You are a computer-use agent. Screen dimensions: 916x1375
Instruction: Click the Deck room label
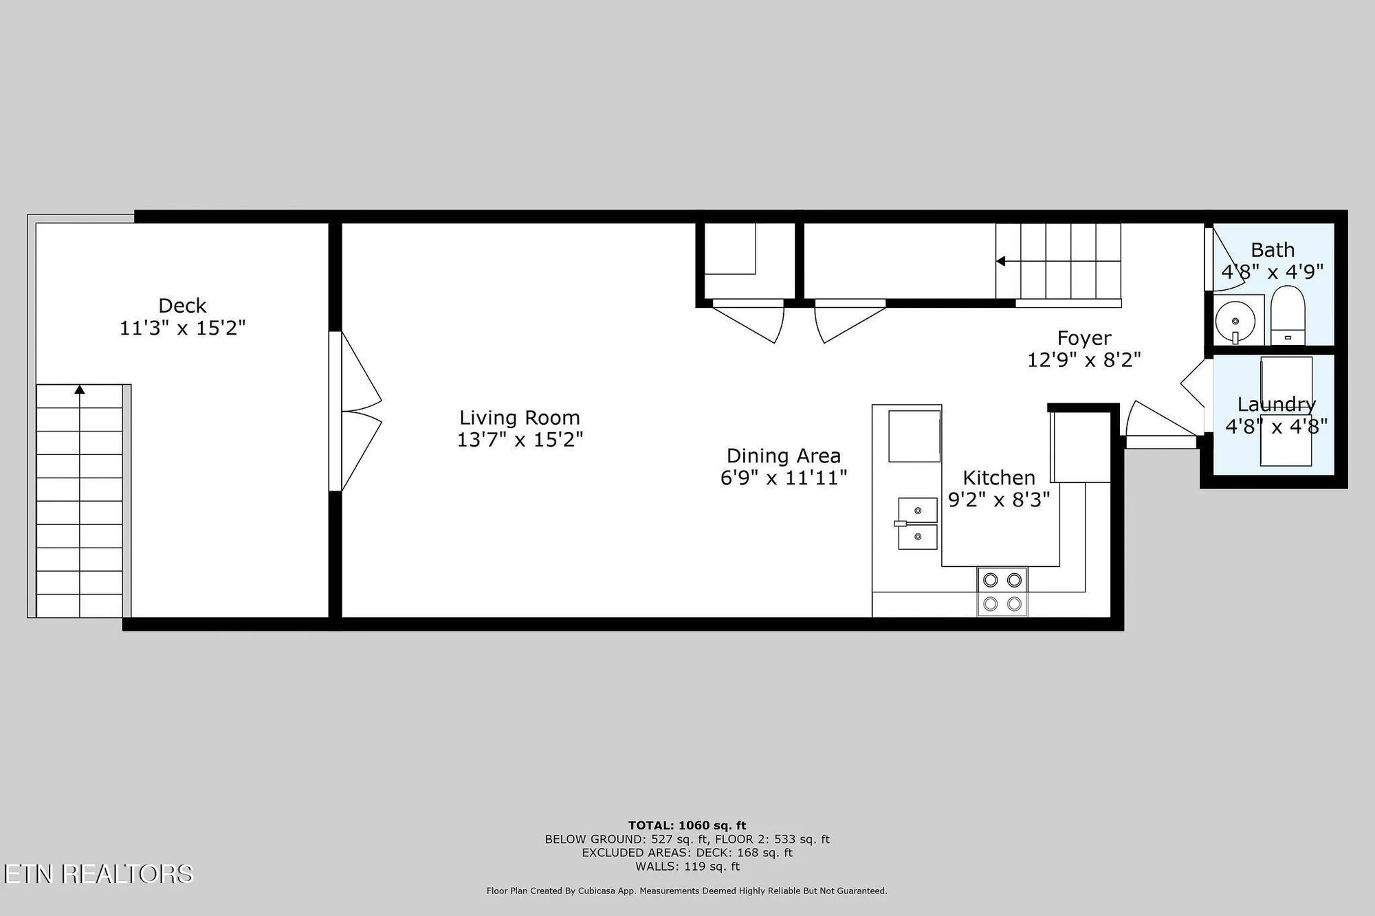pyautogui.click(x=182, y=306)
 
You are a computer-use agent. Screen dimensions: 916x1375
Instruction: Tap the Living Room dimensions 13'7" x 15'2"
pyautogui.click(x=520, y=440)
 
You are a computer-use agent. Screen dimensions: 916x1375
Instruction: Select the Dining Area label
pyautogui.click(x=783, y=456)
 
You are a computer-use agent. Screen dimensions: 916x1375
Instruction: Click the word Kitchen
pyautogui.click(x=998, y=478)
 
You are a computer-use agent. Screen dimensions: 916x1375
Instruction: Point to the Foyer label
pyautogui.click(x=1083, y=338)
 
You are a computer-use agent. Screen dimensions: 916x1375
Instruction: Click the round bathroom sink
pyautogui.click(x=1235, y=321)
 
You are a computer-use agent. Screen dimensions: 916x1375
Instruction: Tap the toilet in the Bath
pyautogui.click(x=1287, y=315)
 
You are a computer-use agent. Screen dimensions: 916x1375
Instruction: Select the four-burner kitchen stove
pyautogui.click(x=1002, y=592)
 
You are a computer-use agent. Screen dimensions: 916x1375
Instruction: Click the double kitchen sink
pyautogui.click(x=917, y=524)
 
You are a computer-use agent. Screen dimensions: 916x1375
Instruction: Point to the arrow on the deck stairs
pyautogui.click(x=80, y=390)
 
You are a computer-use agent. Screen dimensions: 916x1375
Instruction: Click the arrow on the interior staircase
pyautogui.click(x=1001, y=261)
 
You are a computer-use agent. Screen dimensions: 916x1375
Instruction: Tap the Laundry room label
pyautogui.click(x=1276, y=404)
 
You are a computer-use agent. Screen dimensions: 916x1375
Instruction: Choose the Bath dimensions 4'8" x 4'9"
pyautogui.click(x=1272, y=272)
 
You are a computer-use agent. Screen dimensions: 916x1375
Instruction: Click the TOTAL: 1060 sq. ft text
pyautogui.click(x=687, y=825)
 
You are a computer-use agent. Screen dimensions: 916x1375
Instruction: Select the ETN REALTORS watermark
pyautogui.click(x=98, y=873)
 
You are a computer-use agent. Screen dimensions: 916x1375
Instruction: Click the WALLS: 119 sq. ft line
pyautogui.click(x=687, y=867)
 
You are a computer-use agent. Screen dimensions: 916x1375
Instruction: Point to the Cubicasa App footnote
pyautogui.click(x=687, y=891)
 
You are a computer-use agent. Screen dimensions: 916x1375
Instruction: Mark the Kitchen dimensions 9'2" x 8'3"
pyautogui.click(x=998, y=500)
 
